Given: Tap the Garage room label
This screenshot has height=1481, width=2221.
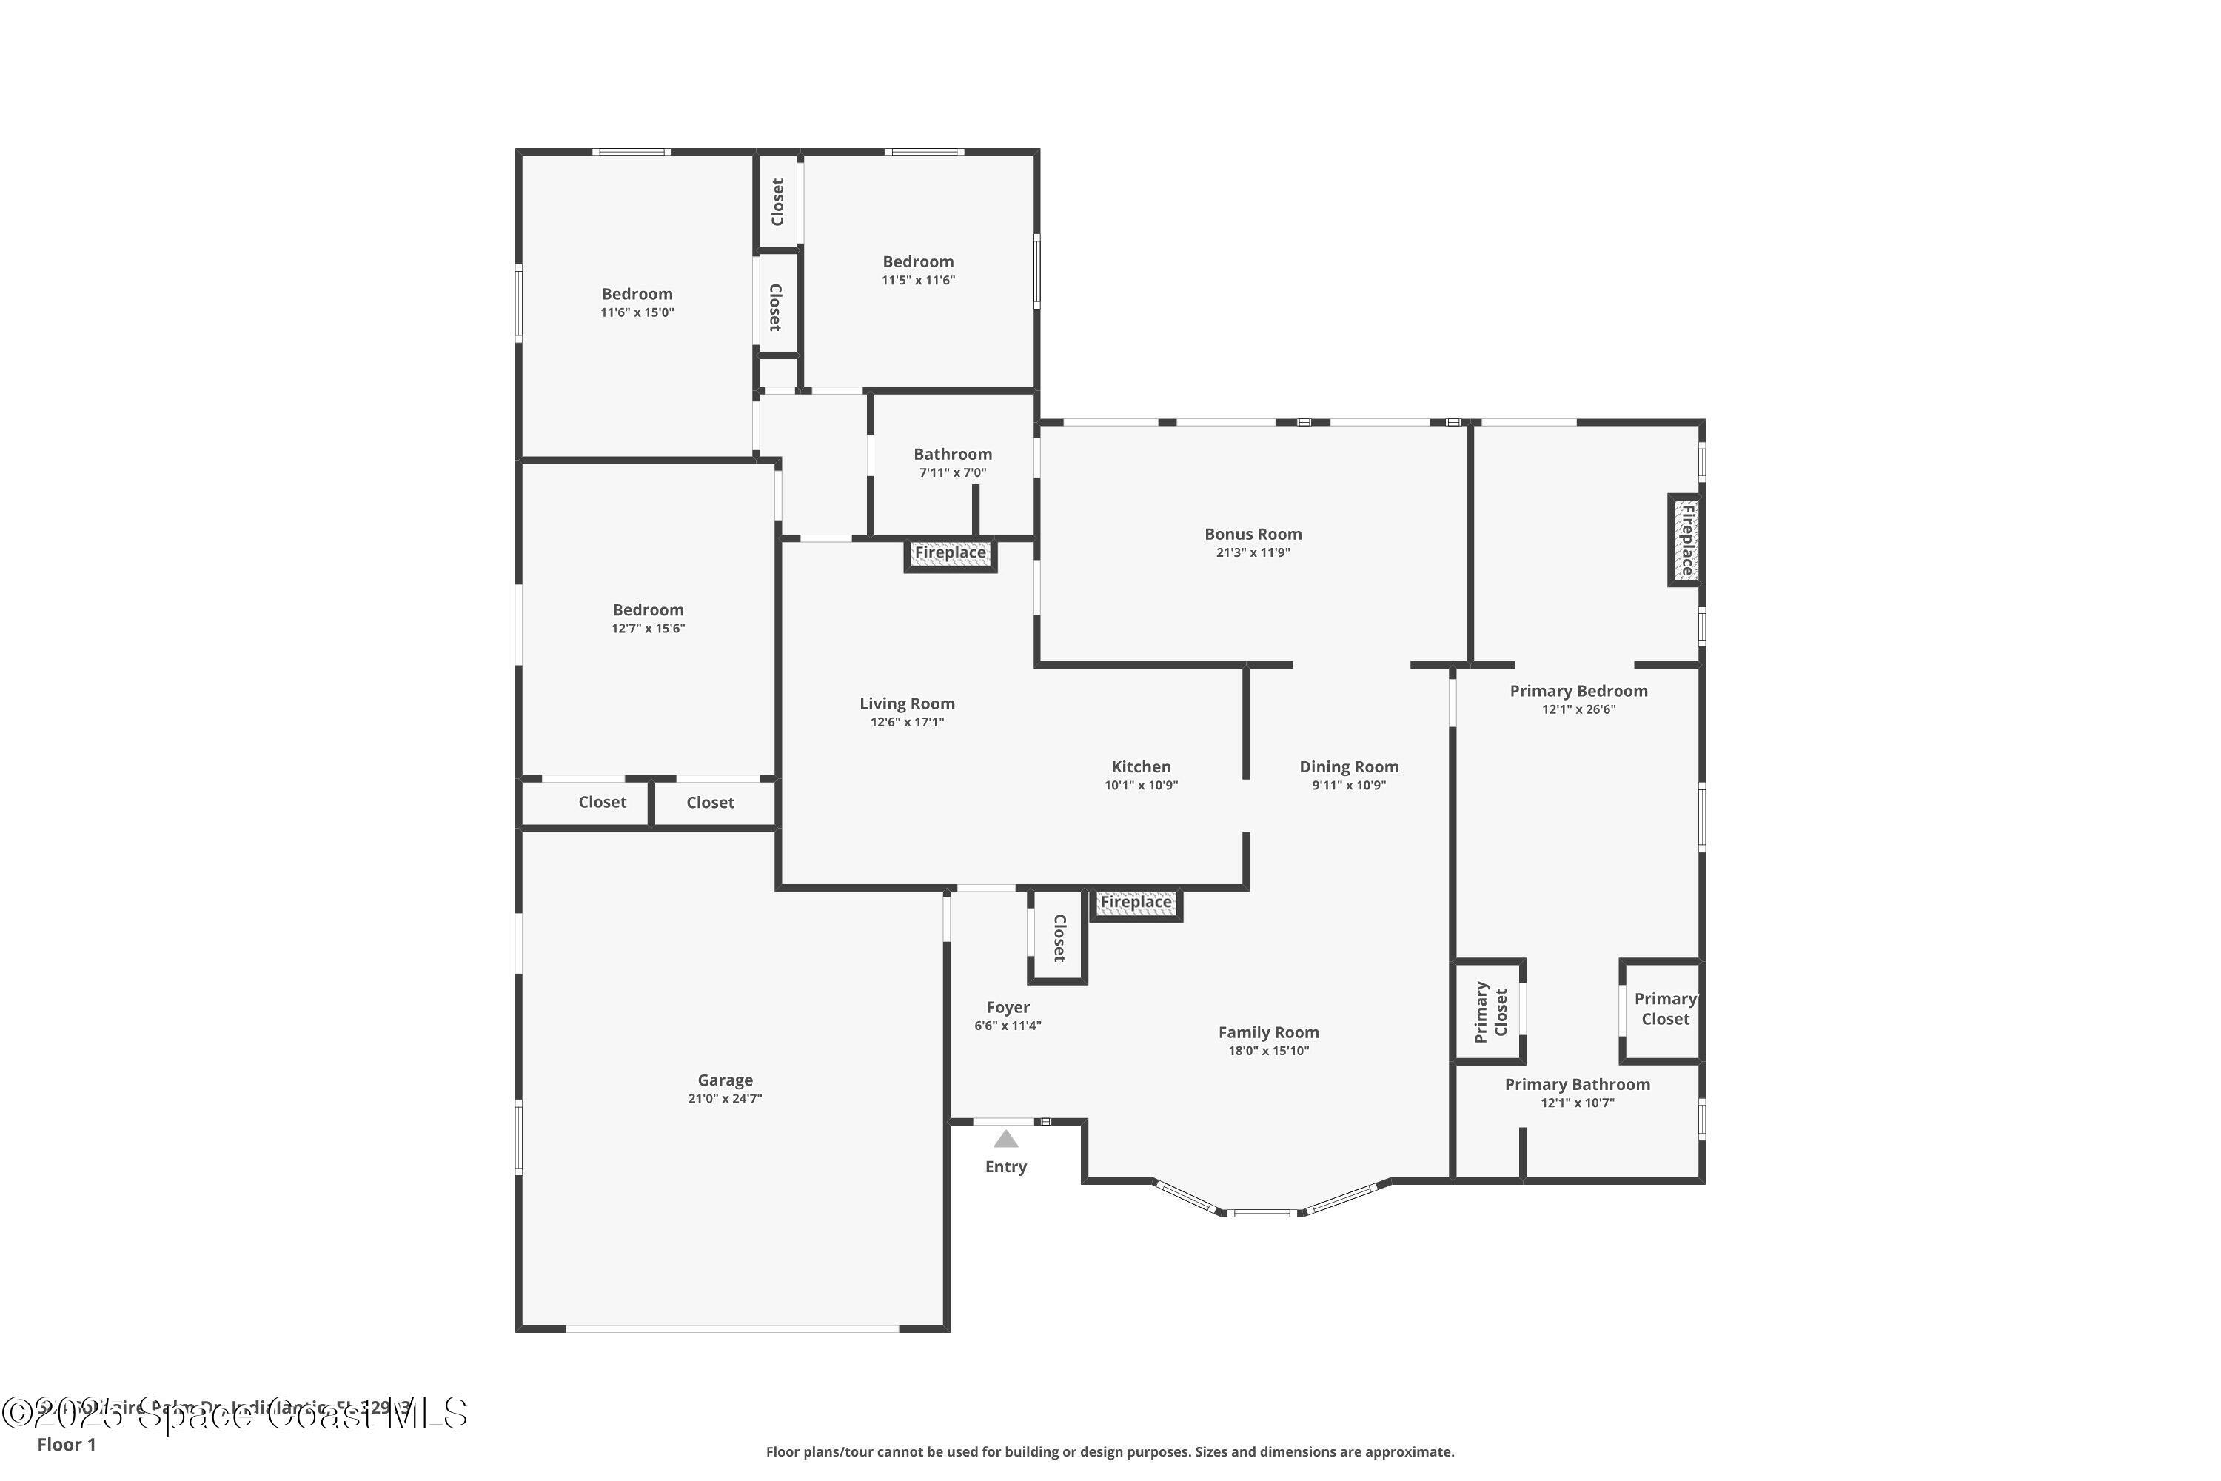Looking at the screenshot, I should tap(726, 1080).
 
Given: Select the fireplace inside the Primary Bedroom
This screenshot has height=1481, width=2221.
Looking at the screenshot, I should tap(1686, 539).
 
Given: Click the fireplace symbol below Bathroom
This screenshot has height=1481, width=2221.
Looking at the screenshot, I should tap(950, 553).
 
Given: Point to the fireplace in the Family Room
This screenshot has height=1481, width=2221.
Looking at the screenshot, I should tap(1136, 903).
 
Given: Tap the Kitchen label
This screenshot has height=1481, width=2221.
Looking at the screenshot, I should tap(1141, 767).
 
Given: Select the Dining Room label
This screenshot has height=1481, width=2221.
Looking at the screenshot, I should tap(1348, 767).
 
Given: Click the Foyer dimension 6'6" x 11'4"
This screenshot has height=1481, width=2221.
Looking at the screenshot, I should tap(1008, 1026).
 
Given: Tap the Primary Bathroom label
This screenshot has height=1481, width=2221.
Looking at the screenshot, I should tap(1577, 1084).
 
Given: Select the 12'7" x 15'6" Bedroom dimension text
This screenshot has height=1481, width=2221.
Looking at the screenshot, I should tap(648, 628).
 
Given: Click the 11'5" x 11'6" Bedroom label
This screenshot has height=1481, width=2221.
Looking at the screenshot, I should tap(918, 261).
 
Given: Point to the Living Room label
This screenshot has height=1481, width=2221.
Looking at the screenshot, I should tap(906, 703).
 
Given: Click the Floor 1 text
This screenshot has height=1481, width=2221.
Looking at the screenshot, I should tap(66, 1444).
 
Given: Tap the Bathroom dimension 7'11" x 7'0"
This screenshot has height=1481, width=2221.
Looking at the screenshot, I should tap(952, 472).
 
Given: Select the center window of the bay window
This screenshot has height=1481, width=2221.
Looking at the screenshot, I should tap(1262, 1213).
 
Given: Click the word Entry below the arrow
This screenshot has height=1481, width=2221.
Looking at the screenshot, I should tap(1005, 1166).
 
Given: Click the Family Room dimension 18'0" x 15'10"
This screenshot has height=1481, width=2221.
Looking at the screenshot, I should tap(1268, 1052).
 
